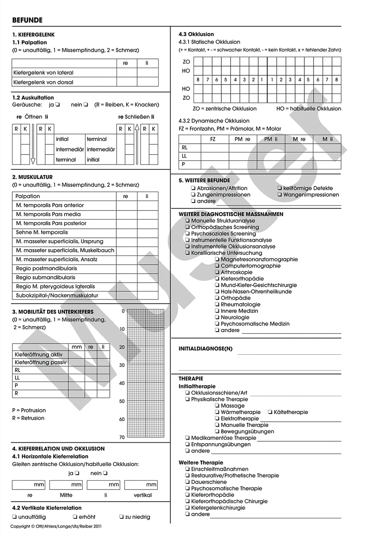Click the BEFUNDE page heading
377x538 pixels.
pos(27,20)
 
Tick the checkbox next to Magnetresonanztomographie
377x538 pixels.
pos(217,259)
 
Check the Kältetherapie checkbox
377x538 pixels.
pos(270,412)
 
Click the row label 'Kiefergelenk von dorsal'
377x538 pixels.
pos(43,82)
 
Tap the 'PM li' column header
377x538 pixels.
pos(271,139)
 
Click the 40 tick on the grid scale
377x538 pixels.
pos(122,383)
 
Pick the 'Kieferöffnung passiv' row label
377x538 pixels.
pos(40,362)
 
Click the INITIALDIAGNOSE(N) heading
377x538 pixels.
pos(205,349)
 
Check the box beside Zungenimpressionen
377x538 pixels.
pos(193,195)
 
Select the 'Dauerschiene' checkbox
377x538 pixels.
pos(188,482)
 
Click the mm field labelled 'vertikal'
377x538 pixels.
pos(141,485)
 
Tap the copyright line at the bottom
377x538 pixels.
pos(56,526)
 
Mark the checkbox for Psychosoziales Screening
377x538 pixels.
pos(188,234)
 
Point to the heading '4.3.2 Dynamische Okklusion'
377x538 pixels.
pos(214,121)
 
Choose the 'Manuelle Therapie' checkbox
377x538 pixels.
pos(217,425)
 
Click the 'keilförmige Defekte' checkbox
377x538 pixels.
pos(279,188)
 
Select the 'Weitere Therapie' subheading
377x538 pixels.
pos(201,463)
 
